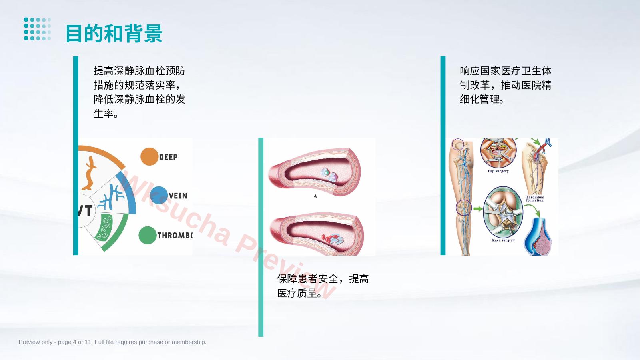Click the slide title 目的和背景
click(x=114, y=34)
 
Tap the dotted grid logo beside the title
click(x=38, y=29)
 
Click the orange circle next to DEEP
click(x=149, y=156)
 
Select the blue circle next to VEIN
click(x=159, y=195)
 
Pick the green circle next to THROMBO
click(x=148, y=235)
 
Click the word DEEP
click(x=168, y=157)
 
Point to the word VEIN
click(x=178, y=196)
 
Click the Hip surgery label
click(x=498, y=171)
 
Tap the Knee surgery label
click(x=503, y=240)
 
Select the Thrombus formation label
click(x=535, y=199)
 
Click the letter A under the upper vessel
click(x=315, y=196)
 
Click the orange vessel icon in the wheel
click(x=90, y=173)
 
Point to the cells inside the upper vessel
click(x=329, y=175)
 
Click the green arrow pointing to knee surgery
click(x=478, y=209)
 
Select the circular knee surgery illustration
click(x=503, y=212)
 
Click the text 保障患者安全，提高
click(x=323, y=279)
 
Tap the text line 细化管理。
click(x=482, y=99)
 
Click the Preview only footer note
click(x=112, y=342)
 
